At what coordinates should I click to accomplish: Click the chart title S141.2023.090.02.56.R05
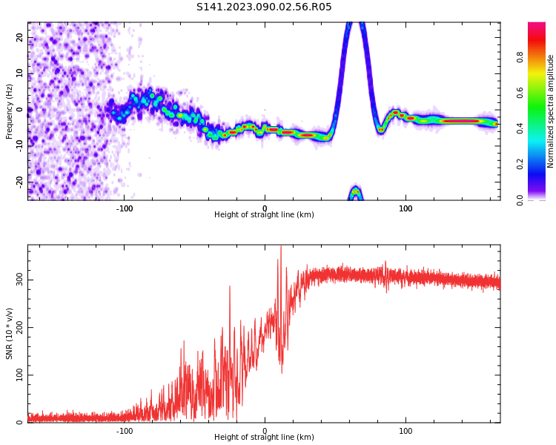(x=264, y=7)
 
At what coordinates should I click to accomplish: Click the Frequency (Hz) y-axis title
(x=10, y=111)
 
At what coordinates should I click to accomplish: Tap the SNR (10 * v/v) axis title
(x=10, y=333)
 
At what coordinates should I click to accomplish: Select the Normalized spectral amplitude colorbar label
(x=551, y=111)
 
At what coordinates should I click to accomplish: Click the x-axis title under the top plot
(x=264, y=215)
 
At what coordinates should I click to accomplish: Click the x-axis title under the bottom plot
(x=264, y=438)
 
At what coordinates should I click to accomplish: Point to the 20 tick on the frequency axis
(x=20, y=37)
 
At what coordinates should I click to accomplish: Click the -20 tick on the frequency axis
(x=19, y=181)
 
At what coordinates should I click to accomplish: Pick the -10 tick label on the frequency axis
(x=19, y=145)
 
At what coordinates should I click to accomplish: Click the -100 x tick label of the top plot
(x=125, y=208)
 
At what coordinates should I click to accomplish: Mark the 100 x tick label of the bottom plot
(x=406, y=431)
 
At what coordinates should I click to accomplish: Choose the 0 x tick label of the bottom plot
(x=265, y=431)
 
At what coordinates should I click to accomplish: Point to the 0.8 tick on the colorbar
(x=520, y=57)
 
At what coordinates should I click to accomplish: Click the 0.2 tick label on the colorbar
(x=520, y=164)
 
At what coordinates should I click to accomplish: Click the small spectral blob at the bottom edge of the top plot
(x=356, y=194)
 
